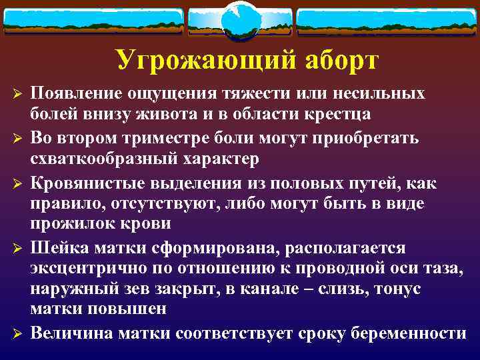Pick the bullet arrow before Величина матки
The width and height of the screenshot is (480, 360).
(x=18, y=333)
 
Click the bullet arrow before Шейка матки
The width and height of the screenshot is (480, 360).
(x=18, y=249)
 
